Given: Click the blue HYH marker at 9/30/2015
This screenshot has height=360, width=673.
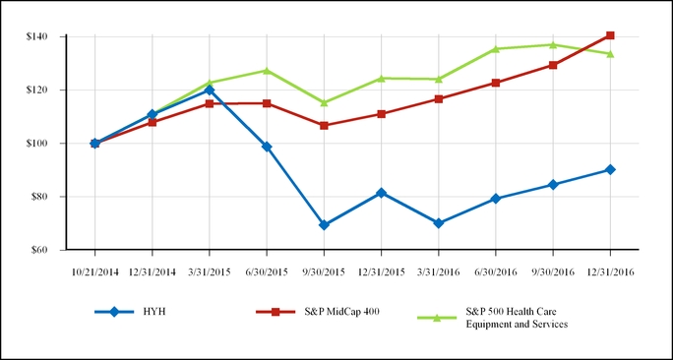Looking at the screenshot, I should tap(324, 225).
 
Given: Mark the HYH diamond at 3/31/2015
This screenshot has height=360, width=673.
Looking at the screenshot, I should tap(210, 90).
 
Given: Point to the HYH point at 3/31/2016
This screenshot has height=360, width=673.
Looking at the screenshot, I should tap(439, 223).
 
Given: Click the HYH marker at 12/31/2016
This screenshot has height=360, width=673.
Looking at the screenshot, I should tap(610, 169).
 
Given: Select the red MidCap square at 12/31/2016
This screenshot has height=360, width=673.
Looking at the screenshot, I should tap(610, 35).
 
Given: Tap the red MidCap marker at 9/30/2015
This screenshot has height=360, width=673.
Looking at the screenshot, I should tap(324, 126).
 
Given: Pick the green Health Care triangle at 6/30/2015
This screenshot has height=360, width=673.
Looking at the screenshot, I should tap(267, 70).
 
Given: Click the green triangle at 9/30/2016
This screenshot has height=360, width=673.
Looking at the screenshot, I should tap(553, 44).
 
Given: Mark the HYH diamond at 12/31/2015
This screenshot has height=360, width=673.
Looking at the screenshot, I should tap(381, 193).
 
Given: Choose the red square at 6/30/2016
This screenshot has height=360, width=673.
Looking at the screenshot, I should tap(496, 83).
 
